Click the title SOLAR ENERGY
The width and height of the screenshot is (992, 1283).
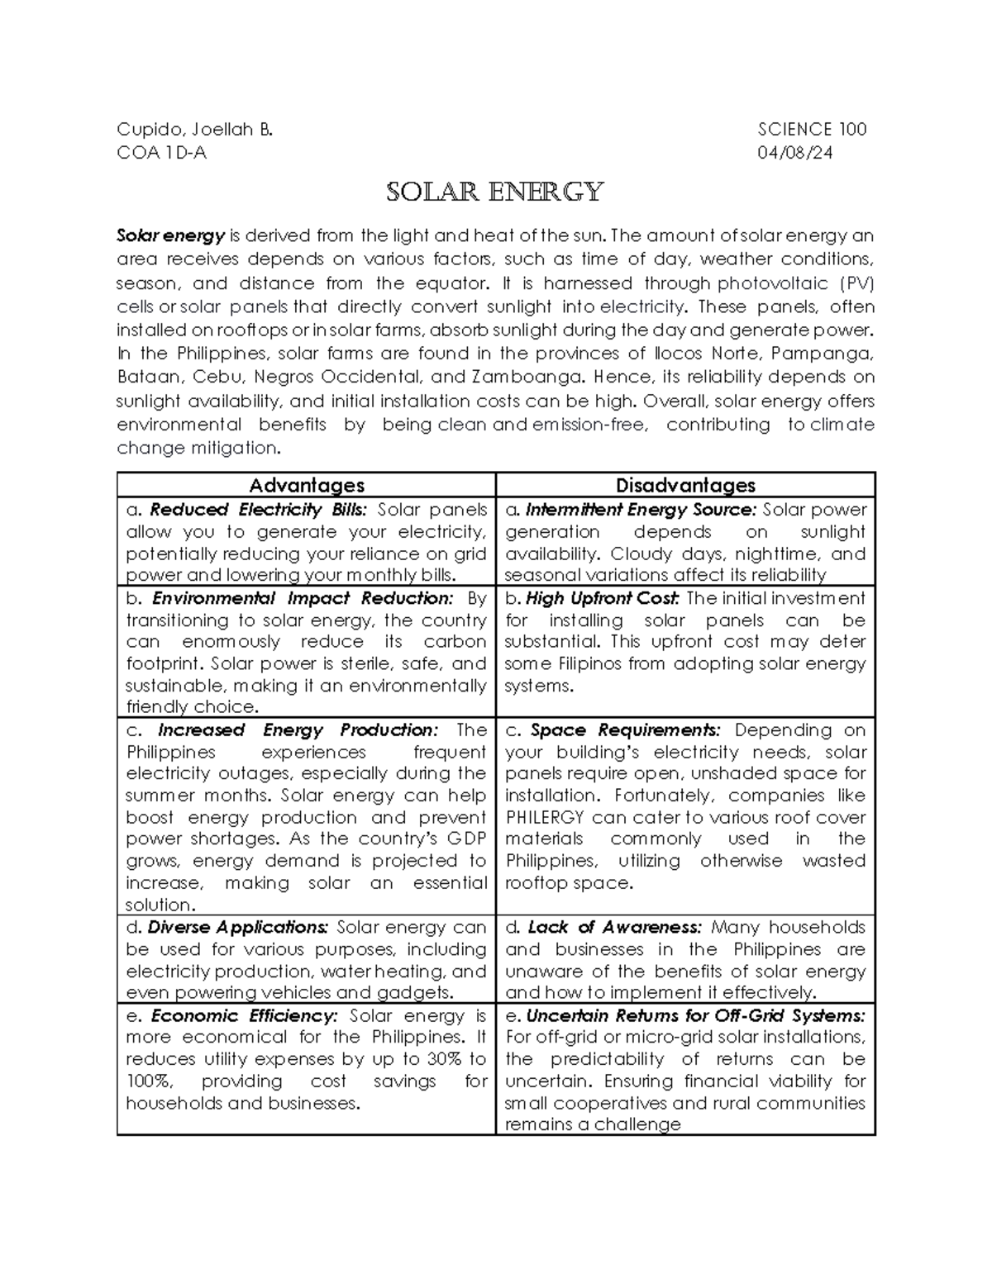pyautogui.click(x=495, y=192)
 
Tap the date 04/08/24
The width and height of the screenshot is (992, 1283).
pyautogui.click(x=795, y=153)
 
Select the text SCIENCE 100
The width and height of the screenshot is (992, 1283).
pyautogui.click(x=812, y=129)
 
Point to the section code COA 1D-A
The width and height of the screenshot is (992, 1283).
pyautogui.click(x=161, y=153)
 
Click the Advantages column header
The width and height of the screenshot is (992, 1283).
pyautogui.click(x=307, y=486)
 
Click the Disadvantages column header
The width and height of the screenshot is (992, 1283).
pyautogui.click(x=685, y=486)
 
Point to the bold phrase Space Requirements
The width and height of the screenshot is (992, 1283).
pyautogui.click(x=625, y=730)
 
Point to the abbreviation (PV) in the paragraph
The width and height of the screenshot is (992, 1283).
pyautogui.click(x=856, y=283)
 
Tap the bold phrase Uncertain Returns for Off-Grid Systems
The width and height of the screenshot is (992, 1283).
pyautogui.click(x=695, y=1016)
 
